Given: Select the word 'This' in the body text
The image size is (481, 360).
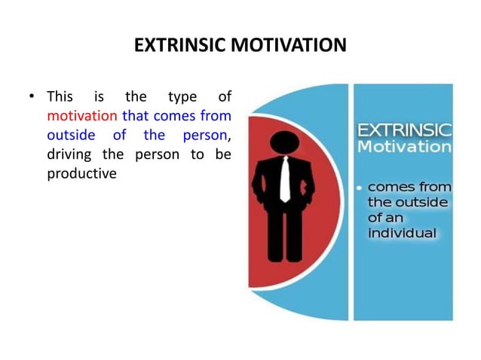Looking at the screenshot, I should pyautogui.click(x=60, y=97).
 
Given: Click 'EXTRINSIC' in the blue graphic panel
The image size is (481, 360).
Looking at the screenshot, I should pyautogui.click(x=404, y=129).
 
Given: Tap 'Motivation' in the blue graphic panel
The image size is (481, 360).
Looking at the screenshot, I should pyautogui.click(x=404, y=146).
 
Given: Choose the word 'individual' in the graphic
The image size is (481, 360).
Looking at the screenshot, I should pyautogui.click(x=402, y=233).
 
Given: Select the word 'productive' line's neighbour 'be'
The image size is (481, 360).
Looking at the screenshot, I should pyautogui.click(x=223, y=154).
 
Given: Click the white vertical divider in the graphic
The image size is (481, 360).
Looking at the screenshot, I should pyautogui.click(x=350, y=203).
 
